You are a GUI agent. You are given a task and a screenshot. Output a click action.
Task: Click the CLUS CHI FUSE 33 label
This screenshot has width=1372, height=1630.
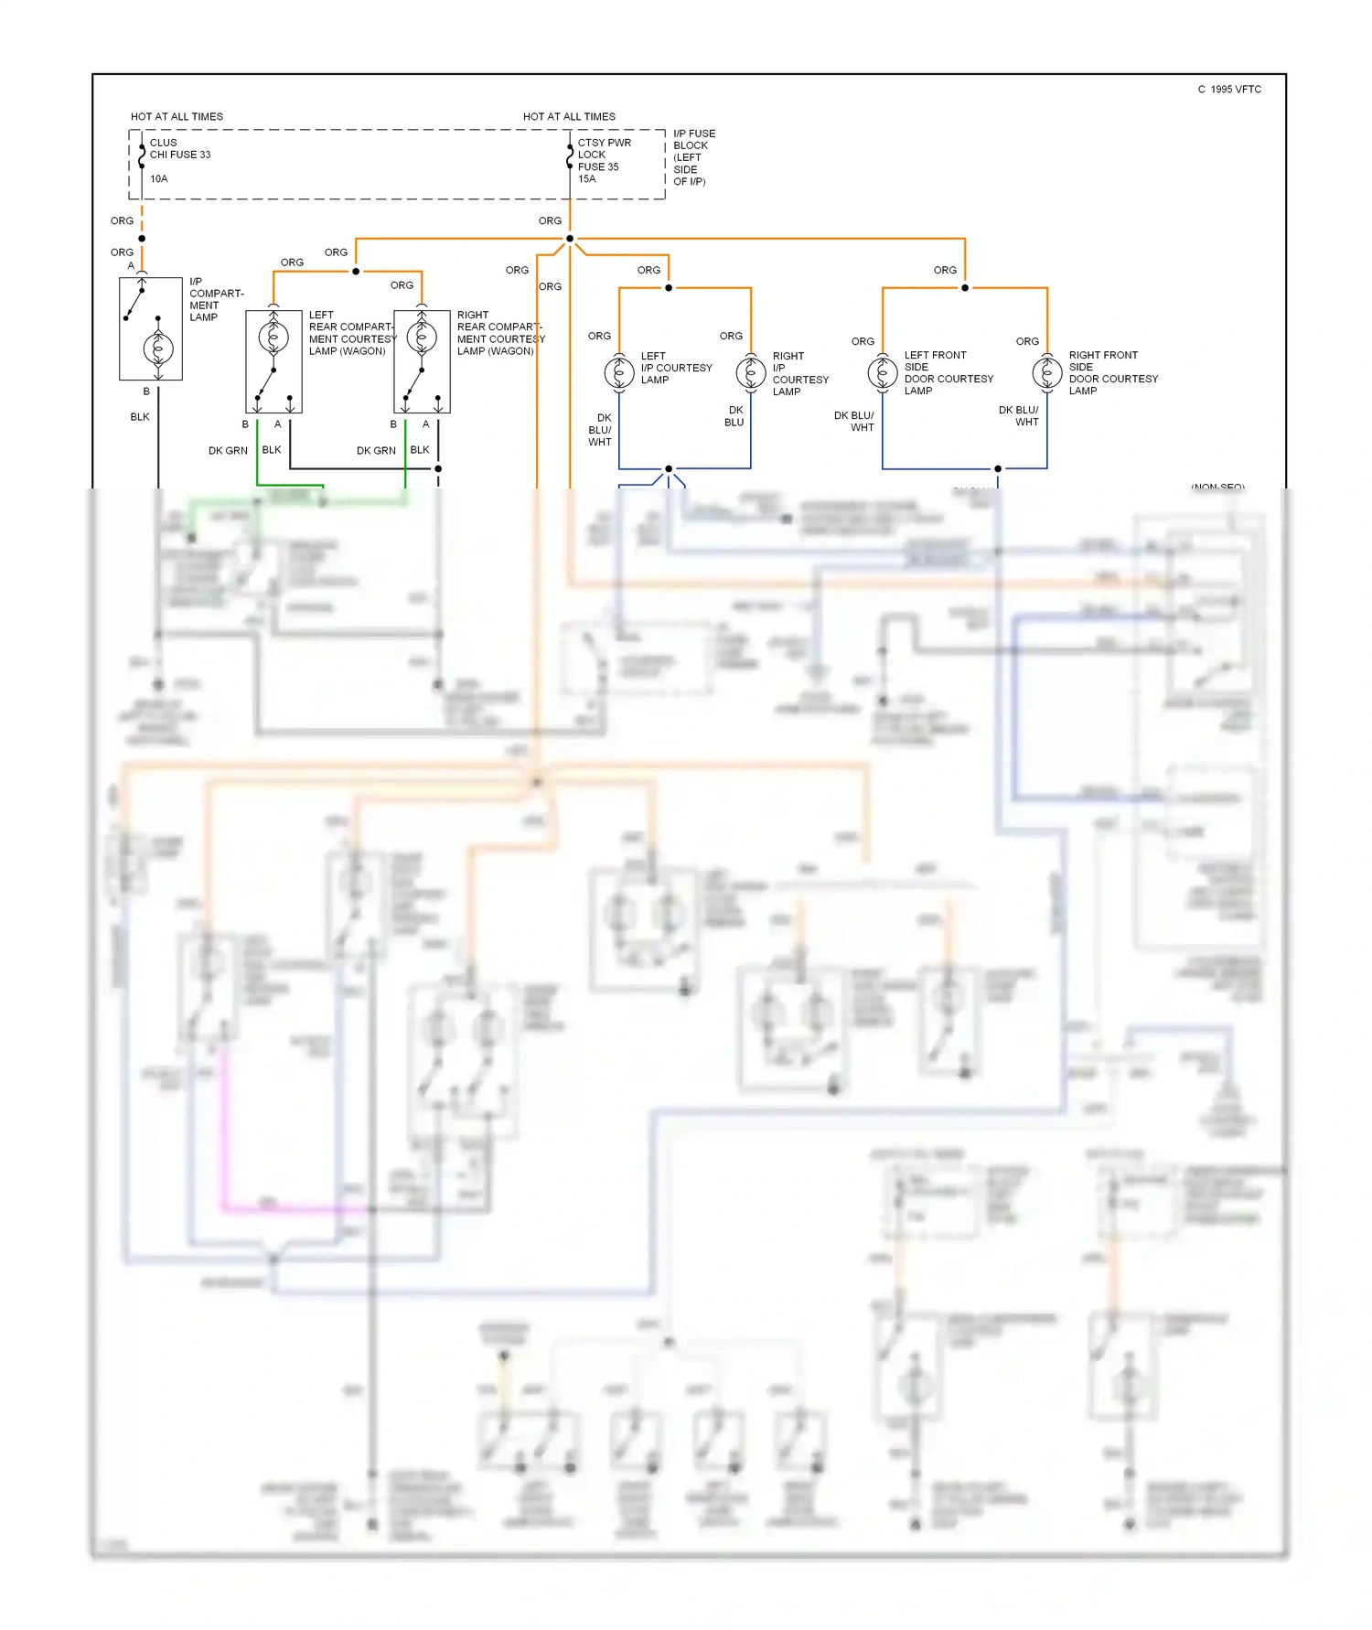(x=179, y=148)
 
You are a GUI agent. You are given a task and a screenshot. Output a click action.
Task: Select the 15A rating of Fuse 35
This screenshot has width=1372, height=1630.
(x=586, y=179)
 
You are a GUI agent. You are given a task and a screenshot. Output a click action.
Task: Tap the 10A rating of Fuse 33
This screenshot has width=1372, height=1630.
(x=158, y=179)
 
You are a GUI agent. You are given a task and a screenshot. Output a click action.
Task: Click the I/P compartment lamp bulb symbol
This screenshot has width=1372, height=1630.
(x=158, y=349)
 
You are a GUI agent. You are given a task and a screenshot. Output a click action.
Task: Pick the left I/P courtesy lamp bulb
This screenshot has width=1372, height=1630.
(x=619, y=372)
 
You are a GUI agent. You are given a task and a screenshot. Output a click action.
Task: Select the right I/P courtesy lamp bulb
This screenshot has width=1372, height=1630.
(x=751, y=372)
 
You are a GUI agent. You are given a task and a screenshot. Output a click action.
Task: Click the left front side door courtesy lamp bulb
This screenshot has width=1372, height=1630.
(x=883, y=372)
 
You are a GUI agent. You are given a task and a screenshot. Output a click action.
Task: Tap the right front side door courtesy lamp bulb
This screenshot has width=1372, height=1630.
(x=1047, y=372)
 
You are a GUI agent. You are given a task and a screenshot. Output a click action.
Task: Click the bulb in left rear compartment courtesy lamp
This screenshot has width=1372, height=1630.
(x=273, y=338)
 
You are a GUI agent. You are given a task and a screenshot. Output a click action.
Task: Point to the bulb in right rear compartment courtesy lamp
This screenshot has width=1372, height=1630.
(x=422, y=338)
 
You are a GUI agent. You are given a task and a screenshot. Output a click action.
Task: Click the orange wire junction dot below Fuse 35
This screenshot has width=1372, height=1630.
(x=570, y=239)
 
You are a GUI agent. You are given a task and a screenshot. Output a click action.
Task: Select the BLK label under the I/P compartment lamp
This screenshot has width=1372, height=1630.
(x=139, y=417)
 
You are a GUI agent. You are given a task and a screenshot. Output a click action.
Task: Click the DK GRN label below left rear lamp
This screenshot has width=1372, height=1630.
(x=228, y=451)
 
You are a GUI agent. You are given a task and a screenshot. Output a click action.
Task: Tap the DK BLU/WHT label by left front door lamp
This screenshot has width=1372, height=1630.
(x=854, y=422)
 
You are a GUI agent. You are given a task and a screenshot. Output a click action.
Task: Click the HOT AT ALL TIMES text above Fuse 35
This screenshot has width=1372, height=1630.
(x=569, y=117)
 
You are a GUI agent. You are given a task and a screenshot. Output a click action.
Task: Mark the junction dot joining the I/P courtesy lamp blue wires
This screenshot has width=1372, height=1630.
(x=669, y=468)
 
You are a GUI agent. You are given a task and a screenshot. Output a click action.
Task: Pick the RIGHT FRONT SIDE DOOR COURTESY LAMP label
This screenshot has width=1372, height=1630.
(x=1112, y=372)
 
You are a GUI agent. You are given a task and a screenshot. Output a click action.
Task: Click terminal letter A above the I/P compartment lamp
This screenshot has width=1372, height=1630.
(x=131, y=266)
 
